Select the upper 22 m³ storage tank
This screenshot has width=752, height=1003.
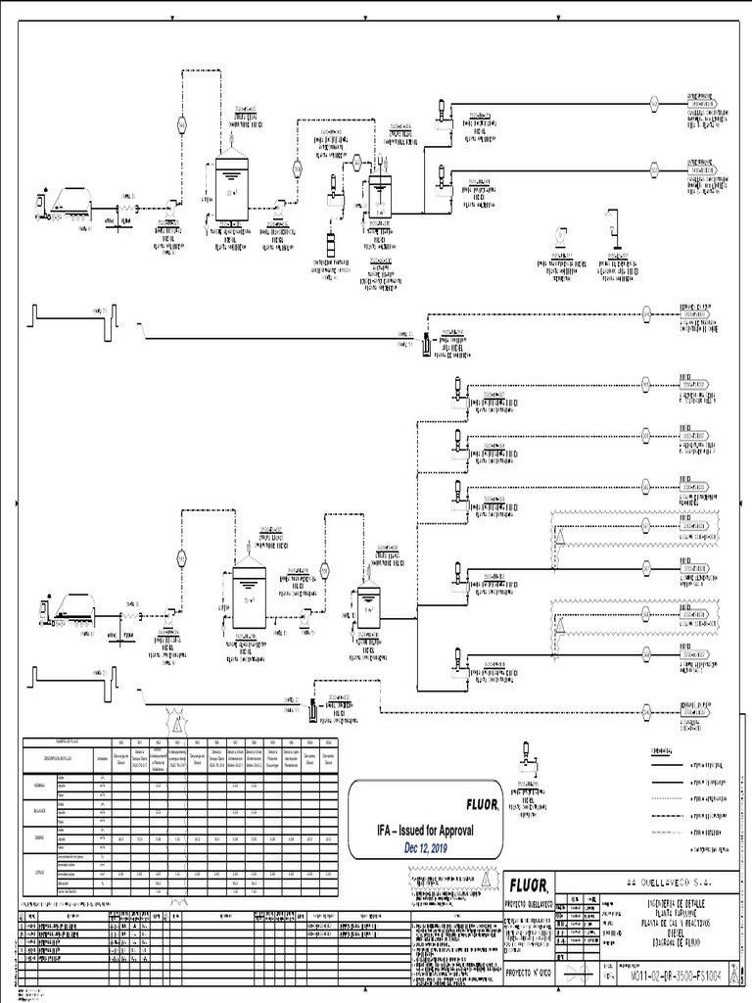click(x=231, y=185)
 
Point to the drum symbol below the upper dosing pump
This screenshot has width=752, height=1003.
click(x=330, y=241)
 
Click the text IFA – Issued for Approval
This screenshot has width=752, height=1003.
click(x=426, y=831)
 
